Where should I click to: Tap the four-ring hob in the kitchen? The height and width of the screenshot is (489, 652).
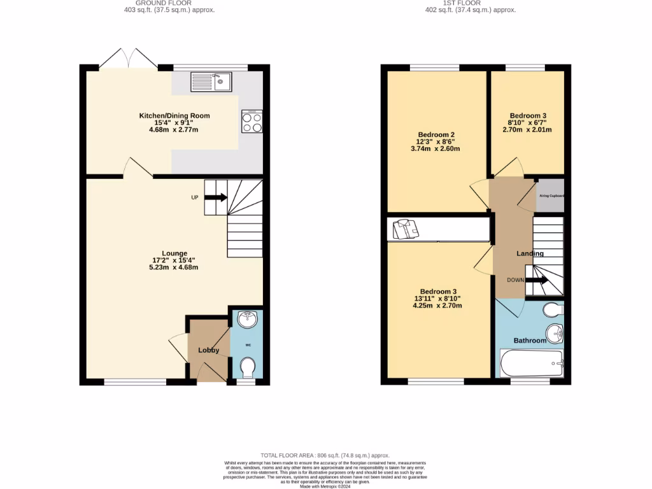(252, 122)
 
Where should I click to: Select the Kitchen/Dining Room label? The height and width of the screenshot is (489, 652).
(174, 116)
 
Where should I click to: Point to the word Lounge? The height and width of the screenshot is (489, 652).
(174, 253)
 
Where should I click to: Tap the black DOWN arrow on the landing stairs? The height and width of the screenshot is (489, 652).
(536, 280)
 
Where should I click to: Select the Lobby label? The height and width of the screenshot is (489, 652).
(208, 350)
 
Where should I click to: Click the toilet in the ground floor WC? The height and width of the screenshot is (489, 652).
(248, 366)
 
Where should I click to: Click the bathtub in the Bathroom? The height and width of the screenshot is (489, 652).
(532, 363)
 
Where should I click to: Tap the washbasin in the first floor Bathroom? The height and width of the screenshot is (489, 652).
(555, 332)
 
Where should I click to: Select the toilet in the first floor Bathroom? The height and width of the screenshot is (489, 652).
(554, 310)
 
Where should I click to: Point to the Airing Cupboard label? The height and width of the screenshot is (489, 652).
(551, 196)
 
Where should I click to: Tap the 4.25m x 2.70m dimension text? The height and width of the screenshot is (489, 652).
(437, 306)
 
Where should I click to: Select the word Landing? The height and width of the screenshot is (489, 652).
(530, 253)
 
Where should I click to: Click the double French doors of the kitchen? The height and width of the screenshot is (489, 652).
(129, 59)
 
